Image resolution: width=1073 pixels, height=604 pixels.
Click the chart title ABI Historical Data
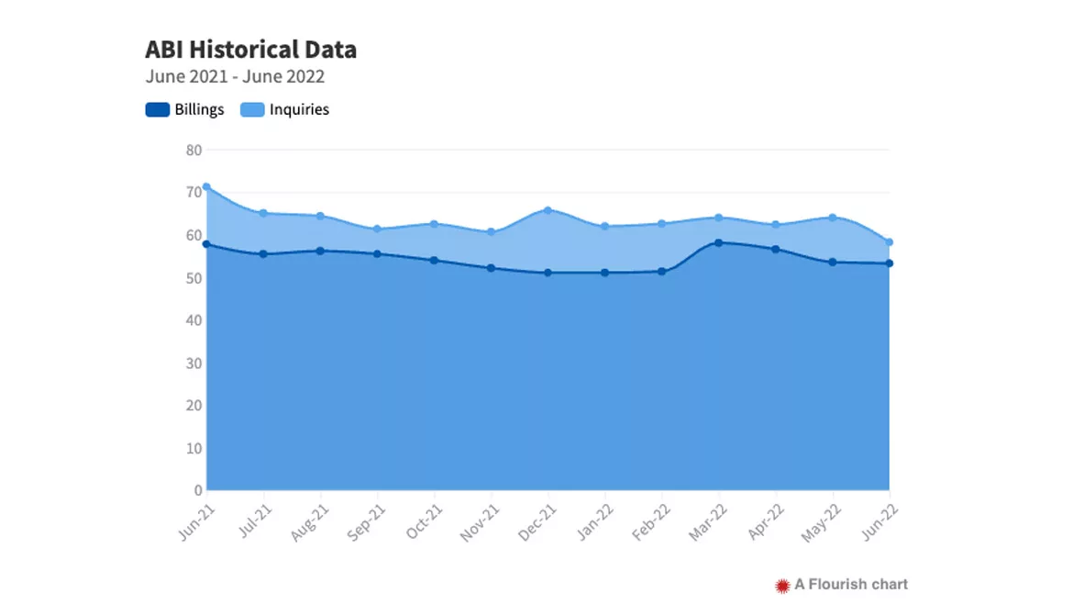(250, 50)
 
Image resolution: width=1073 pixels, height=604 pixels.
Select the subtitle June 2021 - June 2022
(235, 77)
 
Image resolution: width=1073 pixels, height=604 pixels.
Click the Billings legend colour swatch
(158, 109)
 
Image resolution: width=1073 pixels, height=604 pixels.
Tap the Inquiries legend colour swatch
(252, 109)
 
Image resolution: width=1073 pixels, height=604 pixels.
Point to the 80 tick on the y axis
(194, 150)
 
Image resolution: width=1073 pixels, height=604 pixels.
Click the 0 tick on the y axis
(198, 490)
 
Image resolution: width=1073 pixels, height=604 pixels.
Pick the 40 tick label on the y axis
(194, 320)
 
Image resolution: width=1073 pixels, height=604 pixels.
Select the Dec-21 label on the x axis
(537, 522)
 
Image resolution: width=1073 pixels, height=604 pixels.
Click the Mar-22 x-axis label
(708, 522)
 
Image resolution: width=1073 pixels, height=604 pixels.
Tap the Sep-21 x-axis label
(366, 522)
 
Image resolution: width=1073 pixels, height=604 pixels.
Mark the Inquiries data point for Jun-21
(206, 187)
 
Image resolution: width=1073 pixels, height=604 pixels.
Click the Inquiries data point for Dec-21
(548, 210)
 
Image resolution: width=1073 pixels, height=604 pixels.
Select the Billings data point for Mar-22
(718, 243)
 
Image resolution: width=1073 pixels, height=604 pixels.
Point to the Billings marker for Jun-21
(206, 244)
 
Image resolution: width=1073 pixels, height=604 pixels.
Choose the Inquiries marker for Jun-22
(889, 242)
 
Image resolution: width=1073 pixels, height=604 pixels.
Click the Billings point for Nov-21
(492, 268)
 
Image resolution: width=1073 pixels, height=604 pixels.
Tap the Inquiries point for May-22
(833, 218)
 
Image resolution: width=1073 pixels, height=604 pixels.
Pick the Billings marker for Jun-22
(889, 263)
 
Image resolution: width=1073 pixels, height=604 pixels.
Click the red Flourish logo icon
(782, 586)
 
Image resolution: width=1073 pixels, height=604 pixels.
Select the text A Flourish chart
(851, 585)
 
